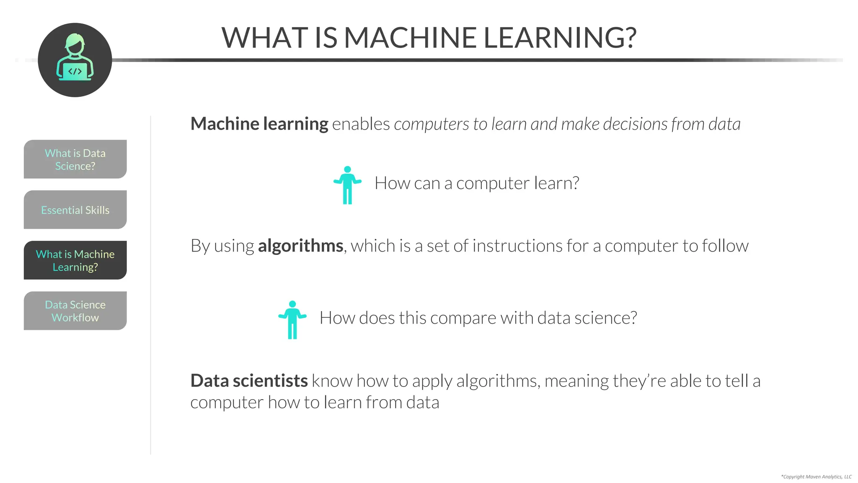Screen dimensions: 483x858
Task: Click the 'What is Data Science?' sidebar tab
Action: click(x=75, y=159)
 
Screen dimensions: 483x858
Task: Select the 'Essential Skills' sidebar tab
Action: click(x=75, y=210)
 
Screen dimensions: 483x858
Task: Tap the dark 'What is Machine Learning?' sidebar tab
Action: click(x=75, y=260)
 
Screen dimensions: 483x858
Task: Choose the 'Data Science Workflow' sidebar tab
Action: click(x=75, y=311)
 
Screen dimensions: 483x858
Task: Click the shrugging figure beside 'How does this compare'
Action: click(x=292, y=320)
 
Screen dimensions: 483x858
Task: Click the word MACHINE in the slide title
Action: click(x=410, y=38)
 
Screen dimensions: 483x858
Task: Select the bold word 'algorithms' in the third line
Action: click(x=300, y=246)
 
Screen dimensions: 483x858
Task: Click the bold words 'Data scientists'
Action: click(x=249, y=381)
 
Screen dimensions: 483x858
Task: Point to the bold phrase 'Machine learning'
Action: click(x=259, y=124)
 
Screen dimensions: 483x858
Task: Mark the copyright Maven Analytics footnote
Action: click(x=816, y=477)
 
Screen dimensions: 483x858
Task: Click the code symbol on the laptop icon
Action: click(x=75, y=71)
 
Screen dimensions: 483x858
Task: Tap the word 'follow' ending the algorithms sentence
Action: click(x=725, y=246)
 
